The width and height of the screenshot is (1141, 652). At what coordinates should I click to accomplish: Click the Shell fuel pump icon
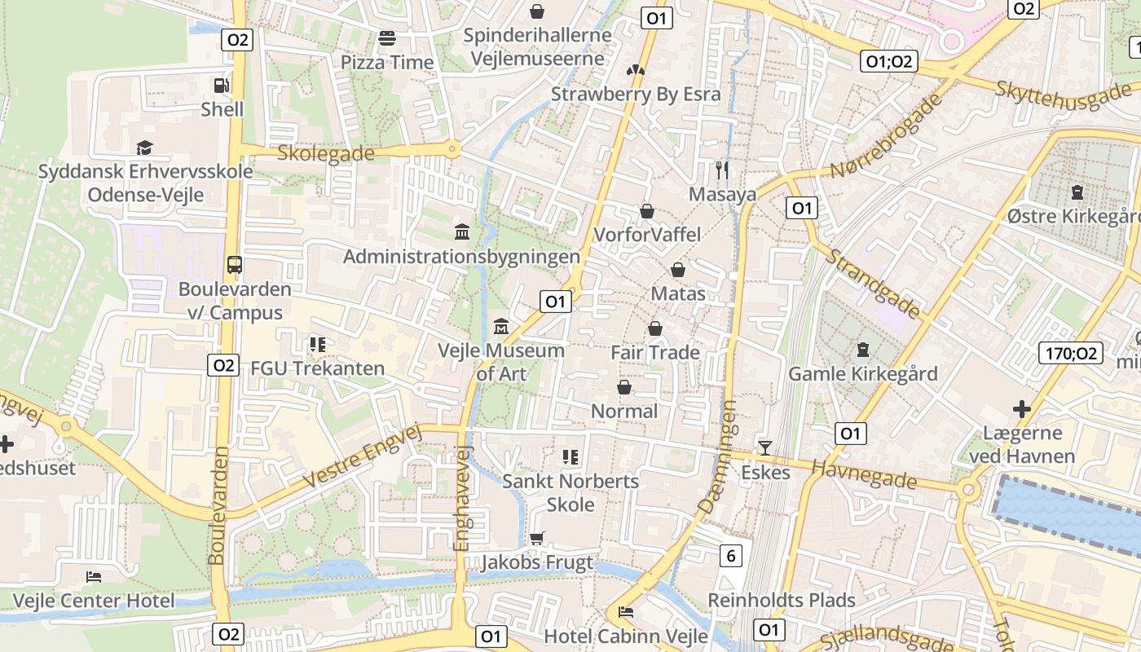221,85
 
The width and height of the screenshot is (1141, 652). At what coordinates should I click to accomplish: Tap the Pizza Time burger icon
387,38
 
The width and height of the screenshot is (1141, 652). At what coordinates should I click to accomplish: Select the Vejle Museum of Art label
501,362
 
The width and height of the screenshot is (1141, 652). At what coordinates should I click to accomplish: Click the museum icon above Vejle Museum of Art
501,327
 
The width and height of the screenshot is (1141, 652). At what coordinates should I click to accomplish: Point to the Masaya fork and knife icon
721,170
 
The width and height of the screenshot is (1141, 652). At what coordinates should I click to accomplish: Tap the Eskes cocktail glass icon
764,447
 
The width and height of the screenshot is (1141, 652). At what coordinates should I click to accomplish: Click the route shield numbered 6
731,556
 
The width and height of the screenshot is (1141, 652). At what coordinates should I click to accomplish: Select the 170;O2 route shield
1071,353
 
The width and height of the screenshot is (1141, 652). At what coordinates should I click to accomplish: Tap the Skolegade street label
326,153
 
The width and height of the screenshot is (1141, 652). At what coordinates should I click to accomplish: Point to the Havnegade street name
864,473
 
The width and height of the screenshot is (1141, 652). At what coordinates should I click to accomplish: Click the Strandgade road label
873,283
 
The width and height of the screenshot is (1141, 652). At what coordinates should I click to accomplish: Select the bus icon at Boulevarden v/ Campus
235,264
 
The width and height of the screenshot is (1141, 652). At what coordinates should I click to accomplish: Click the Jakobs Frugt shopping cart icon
536,538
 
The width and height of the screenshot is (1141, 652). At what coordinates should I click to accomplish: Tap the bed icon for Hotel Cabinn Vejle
626,611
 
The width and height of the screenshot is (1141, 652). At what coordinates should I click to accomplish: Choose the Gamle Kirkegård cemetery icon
862,350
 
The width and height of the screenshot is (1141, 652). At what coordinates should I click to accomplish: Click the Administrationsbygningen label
461,257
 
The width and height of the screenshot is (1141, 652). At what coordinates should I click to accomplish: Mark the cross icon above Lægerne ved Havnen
1021,408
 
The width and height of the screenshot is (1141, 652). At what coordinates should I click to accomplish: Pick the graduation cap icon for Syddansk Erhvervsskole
144,148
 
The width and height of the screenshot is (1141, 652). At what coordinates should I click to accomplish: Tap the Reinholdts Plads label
781,601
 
